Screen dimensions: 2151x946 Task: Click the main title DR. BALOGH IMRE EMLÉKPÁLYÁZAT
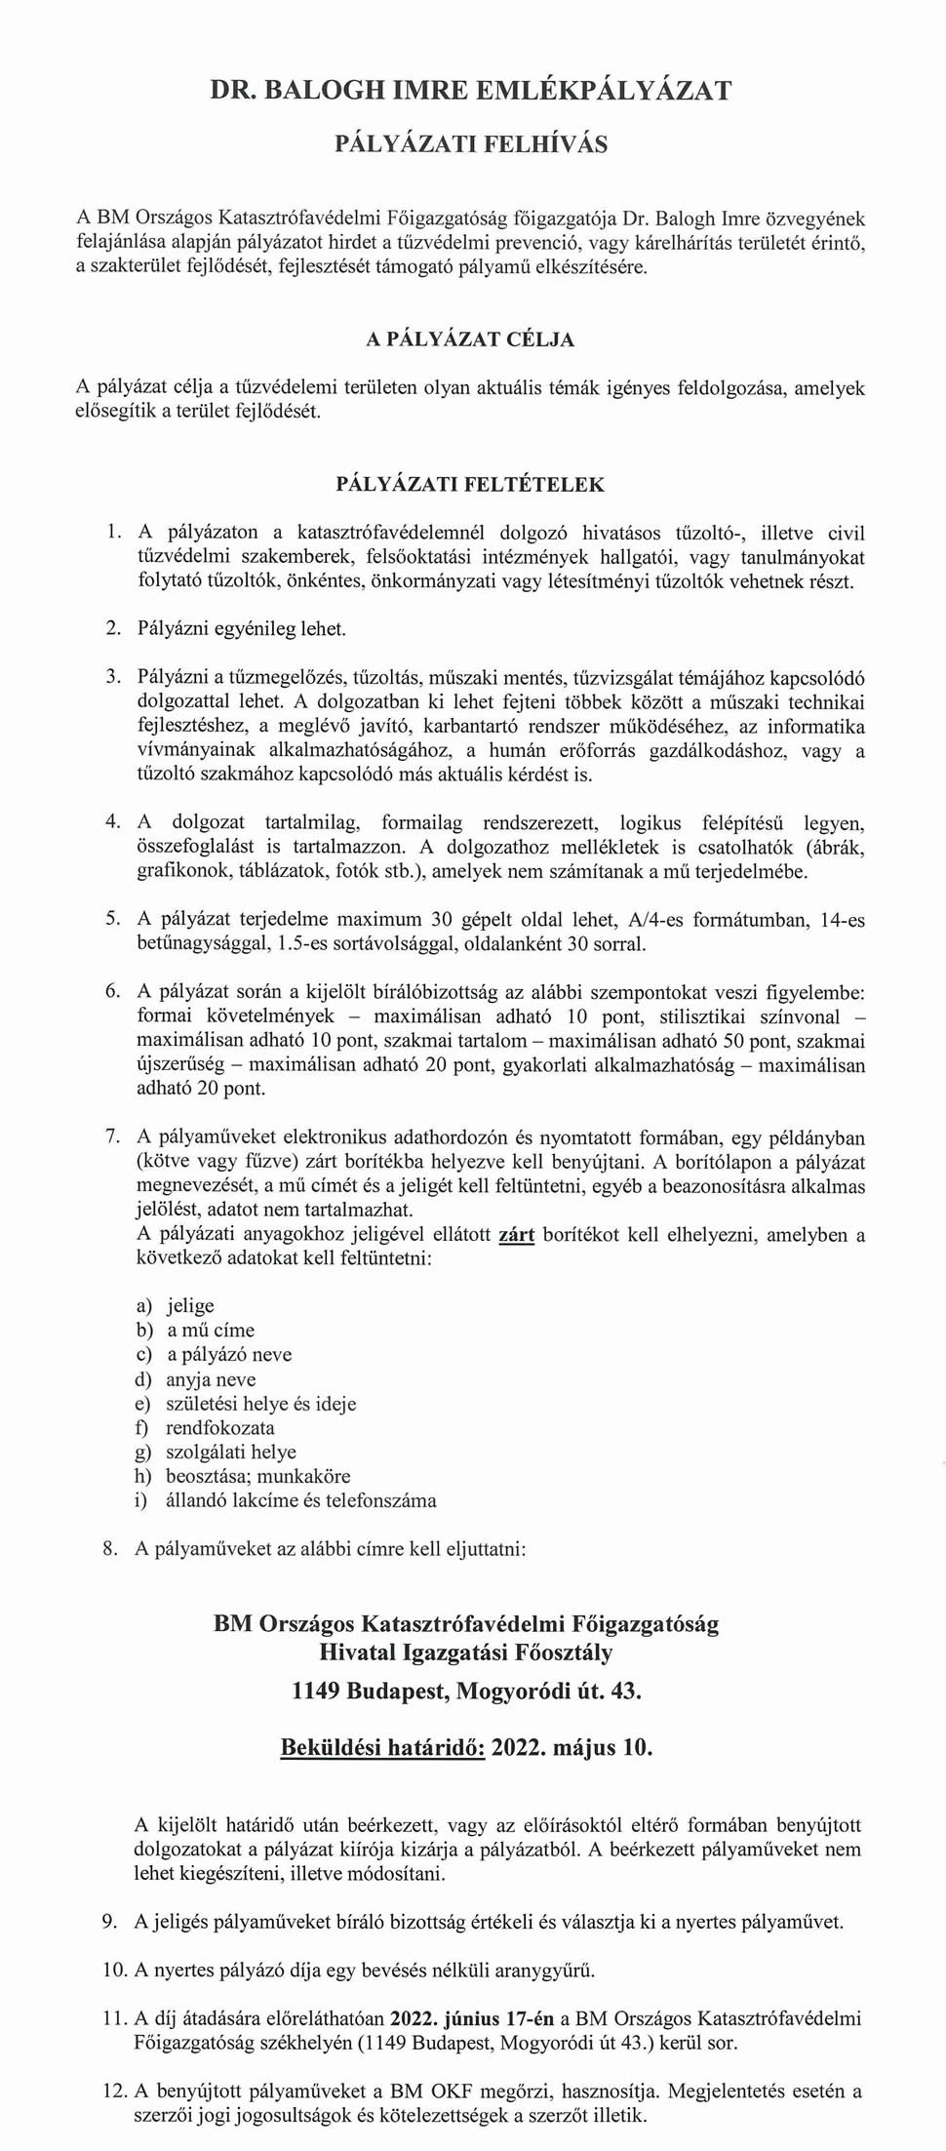(x=472, y=91)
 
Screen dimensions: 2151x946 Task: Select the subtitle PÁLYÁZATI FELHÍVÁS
(x=472, y=144)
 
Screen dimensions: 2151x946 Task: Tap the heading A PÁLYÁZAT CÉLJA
(x=470, y=339)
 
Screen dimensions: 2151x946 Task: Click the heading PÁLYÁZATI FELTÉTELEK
(x=470, y=484)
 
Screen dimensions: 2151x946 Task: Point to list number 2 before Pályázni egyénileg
(x=112, y=628)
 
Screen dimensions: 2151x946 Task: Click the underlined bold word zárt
(x=516, y=1235)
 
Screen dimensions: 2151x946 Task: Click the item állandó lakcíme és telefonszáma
(x=300, y=1501)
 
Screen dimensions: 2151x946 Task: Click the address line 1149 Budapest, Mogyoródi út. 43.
(x=466, y=1691)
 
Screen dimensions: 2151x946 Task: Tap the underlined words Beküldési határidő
(x=382, y=1747)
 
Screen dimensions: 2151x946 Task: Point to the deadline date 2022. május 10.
(x=572, y=1747)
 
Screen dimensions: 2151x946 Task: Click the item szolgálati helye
(x=231, y=1453)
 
